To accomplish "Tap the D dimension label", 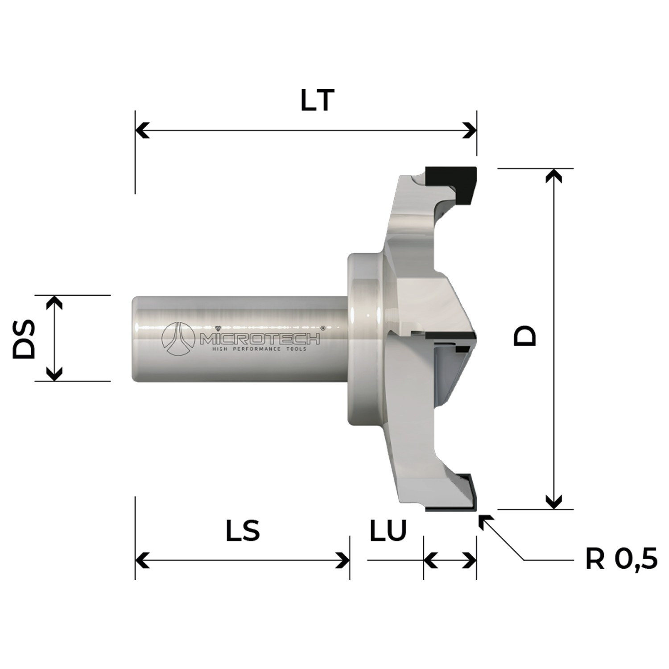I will pyautogui.click(x=525, y=335).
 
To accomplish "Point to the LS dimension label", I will pyautogui.click(x=243, y=531).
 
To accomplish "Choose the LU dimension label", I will pyautogui.click(x=388, y=531).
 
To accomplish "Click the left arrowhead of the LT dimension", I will pyautogui.click(x=142, y=131).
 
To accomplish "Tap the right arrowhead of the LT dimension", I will pyautogui.click(x=470, y=131).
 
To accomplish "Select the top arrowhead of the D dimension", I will pyautogui.click(x=553, y=175).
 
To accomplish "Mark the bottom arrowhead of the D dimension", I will pyautogui.click(x=553, y=502).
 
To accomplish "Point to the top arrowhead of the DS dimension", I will pyautogui.click(x=54, y=302).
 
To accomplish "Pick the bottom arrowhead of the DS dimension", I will pyautogui.click(x=54, y=375).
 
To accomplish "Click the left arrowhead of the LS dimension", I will pyautogui.click(x=142, y=560).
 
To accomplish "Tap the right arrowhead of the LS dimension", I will pyautogui.click(x=343, y=560).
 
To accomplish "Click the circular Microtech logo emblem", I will pyautogui.click(x=178, y=339).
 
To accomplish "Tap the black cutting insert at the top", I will pyautogui.click(x=450, y=181).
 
